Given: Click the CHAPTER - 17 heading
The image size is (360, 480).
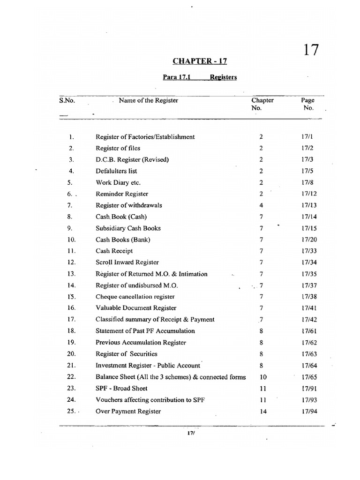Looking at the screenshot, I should [x=200, y=61].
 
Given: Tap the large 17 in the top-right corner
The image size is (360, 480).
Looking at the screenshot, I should [x=307, y=49].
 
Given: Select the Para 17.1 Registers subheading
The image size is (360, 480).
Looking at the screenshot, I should [x=200, y=77].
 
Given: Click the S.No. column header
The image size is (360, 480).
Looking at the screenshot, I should [x=67, y=100].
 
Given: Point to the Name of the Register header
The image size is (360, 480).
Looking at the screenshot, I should [x=148, y=100].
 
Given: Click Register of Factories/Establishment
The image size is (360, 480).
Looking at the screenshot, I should [x=145, y=137].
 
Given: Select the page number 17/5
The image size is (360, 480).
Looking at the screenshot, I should [x=307, y=171].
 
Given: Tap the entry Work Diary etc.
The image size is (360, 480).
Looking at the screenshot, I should [x=118, y=183].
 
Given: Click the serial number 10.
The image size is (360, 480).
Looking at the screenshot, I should [x=72, y=240].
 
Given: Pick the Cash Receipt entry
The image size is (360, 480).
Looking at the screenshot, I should [x=114, y=251].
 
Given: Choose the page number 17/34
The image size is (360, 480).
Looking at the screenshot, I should [x=307, y=262].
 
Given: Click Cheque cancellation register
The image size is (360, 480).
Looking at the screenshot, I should [x=135, y=297].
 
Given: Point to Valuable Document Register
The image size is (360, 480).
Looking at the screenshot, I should [x=136, y=308].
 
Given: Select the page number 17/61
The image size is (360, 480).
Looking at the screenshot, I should [x=307, y=331].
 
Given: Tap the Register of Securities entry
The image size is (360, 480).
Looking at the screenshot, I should [x=126, y=354].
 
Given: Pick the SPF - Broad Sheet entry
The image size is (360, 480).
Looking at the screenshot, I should [x=121, y=388].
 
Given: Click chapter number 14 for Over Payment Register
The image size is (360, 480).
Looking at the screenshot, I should [x=262, y=411].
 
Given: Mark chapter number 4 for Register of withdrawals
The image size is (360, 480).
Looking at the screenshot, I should [x=261, y=205].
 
